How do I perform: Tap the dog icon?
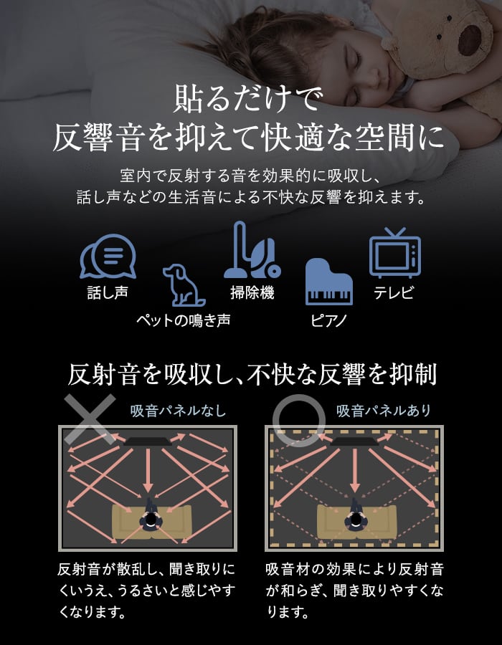click(184, 285)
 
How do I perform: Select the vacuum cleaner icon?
click(252, 249)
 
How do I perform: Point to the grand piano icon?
click(328, 282)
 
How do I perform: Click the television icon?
click(394, 253)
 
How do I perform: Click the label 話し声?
click(108, 292)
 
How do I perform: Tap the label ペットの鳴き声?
click(184, 320)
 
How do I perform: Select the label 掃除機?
click(252, 292)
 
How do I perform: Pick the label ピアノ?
click(328, 320)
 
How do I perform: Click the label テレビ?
click(394, 292)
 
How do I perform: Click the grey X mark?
click(90, 419)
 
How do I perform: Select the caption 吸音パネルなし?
click(178, 411)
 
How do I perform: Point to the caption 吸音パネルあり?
click(384, 411)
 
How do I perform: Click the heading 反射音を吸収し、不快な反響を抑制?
click(252, 374)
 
